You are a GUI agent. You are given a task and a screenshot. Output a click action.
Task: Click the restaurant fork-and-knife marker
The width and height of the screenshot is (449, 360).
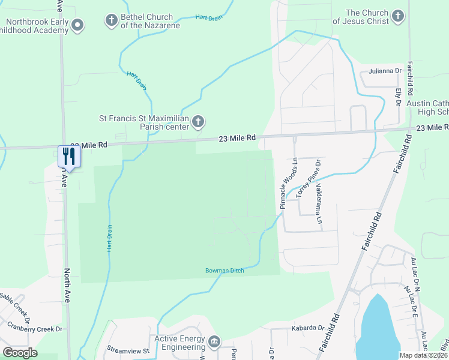tap(67, 157)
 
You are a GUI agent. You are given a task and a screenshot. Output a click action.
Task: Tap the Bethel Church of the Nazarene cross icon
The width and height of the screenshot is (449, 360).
tap(111, 22)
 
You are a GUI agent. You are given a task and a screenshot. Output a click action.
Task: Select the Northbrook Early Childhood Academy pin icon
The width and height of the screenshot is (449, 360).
tap(77, 25)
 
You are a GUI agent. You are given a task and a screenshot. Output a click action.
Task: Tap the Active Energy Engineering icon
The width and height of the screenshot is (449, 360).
tap(214, 343)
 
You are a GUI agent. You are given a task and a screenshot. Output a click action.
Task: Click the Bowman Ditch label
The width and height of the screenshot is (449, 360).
tap(224, 271)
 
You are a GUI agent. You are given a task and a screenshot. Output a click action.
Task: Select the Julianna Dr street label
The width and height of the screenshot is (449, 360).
tap(385, 71)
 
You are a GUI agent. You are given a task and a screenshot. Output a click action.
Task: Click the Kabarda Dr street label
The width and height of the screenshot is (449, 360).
tap(308, 328)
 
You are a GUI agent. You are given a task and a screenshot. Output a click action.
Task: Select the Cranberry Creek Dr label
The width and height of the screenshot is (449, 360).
tap(35, 329)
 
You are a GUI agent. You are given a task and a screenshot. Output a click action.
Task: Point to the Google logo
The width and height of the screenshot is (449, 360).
tap(20, 352)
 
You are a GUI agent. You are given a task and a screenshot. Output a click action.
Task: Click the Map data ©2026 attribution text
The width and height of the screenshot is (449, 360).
tap(423, 355)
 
